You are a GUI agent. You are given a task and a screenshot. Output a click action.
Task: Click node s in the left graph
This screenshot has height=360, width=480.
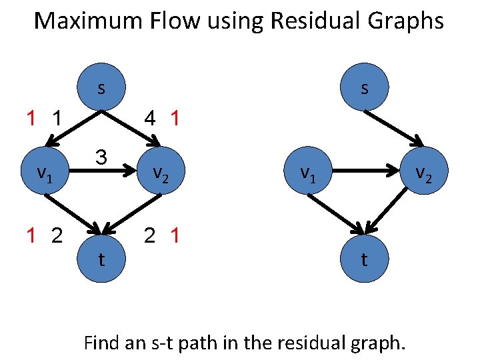coord(101,89)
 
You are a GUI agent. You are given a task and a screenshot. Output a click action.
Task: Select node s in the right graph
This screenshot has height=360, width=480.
coord(364,89)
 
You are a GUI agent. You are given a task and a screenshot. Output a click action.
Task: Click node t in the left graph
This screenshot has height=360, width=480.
coord(101,259)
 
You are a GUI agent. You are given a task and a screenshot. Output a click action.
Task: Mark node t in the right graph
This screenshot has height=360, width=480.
coord(364,259)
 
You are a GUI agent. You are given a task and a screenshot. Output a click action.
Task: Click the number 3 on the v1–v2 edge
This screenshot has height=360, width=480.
coord(101,158)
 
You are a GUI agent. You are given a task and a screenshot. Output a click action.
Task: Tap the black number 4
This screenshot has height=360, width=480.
coord(151,119)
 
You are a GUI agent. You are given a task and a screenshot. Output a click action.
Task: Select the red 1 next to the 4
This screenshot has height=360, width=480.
coord(175,119)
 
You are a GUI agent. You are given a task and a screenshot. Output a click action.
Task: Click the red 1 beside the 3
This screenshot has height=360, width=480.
coord(31,119)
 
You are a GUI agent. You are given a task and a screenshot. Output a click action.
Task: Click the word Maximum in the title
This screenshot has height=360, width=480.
coord(83,21)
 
